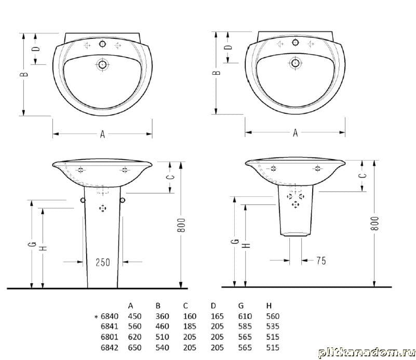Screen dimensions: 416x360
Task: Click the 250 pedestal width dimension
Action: pos(103,262)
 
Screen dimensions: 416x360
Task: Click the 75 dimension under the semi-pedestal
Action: pos(321,260)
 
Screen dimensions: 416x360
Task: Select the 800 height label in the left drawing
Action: pos(181,225)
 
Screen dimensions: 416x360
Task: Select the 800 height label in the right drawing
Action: pos(375,223)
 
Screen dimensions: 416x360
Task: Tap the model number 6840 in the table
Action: pos(110,316)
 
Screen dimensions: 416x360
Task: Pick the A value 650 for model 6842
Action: pos(135,347)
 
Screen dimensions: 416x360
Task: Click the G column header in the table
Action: pos(241,305)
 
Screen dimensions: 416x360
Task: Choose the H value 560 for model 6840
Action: pos(273,316)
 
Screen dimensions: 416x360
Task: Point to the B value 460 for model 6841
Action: pos(162,326)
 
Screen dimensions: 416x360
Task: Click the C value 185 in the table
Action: pos(190,326)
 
